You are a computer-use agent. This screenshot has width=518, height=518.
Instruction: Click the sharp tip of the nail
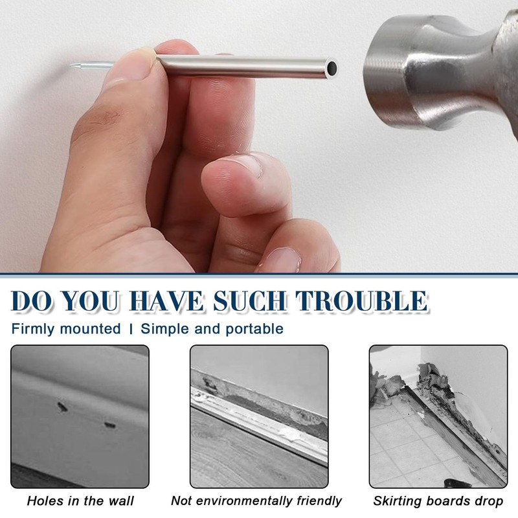point(71,66)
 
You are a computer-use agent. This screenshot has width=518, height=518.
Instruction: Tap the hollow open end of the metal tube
point(332,69)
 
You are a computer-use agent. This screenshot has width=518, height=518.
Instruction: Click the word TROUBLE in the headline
point(361,301)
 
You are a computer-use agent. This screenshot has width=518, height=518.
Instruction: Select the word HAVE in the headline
point(166,301)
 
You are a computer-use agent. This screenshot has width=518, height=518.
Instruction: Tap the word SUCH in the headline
point(249,301)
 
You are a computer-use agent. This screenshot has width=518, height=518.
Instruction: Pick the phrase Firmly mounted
point(66,329)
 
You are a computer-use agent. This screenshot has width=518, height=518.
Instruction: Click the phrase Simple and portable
point(212,329)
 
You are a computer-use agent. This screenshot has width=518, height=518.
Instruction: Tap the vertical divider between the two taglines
point(131,329)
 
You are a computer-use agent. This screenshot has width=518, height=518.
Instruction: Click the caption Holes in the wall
point(80,501)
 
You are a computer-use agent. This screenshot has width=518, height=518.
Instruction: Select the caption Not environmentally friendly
point(256,501)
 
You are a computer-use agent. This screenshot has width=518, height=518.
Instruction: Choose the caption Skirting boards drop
point(438,501)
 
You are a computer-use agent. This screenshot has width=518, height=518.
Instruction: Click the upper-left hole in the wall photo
point(62,407)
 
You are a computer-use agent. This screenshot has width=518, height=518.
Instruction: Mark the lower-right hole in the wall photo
point(110,425)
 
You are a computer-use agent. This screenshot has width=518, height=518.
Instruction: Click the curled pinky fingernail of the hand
point(282,260)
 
